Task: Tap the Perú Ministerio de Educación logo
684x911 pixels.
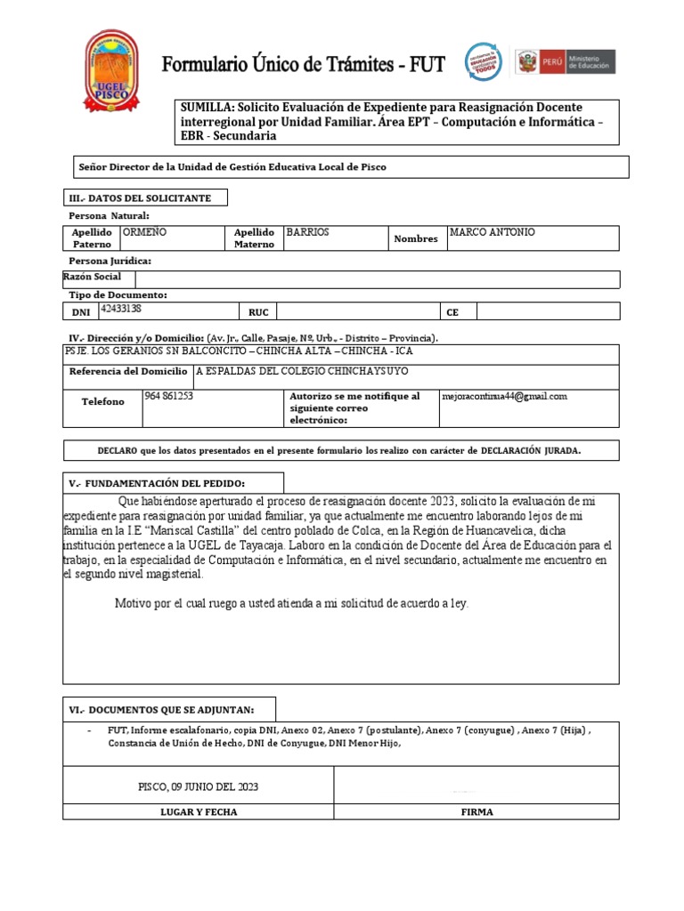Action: tap(566, 61)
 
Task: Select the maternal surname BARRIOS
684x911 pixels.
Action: tap(307, 232)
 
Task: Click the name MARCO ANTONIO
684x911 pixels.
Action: tap(492, 232)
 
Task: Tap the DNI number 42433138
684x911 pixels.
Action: tap(121, 309)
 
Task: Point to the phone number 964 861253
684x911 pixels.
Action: tap(168, 396)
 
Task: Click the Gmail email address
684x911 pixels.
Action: tap(504, 397)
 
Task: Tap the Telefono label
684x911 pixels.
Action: tap(102, 402)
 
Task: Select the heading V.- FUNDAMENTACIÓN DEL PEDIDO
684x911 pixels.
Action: tap(157, 483)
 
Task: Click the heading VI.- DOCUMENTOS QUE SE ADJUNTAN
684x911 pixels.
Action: tap(161, 709)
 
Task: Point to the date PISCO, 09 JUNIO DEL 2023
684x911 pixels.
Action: tap(199, 787)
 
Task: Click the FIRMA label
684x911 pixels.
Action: tap(476, 812)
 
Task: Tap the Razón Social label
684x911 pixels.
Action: tap(92, 277)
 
